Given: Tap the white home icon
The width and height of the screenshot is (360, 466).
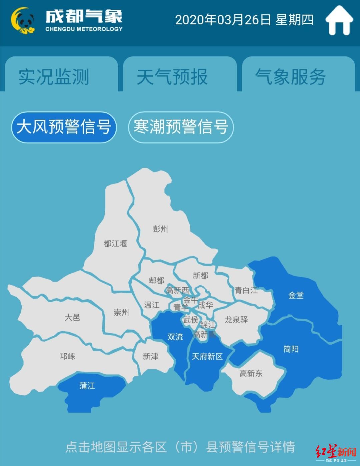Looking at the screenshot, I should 339,20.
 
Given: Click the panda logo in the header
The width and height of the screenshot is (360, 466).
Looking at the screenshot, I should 23,21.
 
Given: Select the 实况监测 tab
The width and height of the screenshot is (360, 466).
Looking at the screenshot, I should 54,77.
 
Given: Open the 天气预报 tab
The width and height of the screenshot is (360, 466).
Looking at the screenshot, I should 172,77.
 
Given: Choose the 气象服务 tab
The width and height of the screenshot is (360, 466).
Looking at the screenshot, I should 290,77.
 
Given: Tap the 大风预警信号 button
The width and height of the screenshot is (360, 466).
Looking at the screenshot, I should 64,127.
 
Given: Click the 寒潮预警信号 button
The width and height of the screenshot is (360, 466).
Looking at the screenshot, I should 181,127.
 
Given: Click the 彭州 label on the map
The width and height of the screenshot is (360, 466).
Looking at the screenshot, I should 160,229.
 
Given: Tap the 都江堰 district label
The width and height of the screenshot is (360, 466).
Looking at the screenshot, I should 115,244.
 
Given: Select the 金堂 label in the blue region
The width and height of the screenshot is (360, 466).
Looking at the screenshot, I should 296,295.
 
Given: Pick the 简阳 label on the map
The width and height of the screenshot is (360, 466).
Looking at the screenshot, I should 291,349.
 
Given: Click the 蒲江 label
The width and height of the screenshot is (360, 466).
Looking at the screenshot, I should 87,386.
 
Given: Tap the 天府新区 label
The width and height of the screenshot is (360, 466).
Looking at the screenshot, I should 207,357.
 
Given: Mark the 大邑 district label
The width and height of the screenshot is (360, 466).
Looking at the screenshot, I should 72,317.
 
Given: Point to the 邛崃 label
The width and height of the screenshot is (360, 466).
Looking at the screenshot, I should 68,356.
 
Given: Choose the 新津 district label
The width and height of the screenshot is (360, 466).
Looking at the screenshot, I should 151,357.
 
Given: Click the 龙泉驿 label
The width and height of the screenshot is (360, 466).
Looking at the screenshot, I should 236,320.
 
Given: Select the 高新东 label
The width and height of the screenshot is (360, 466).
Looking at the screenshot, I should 251,374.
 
